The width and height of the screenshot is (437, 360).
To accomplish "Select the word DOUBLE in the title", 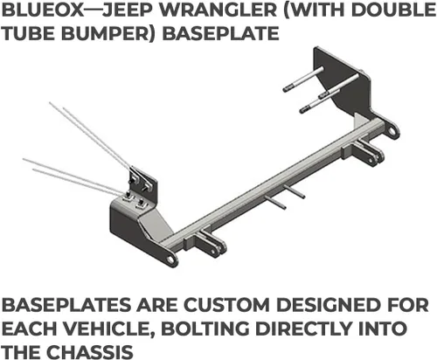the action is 393,10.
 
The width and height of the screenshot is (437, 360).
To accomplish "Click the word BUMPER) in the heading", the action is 109,33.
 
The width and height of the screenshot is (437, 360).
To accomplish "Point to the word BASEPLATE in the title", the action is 220,33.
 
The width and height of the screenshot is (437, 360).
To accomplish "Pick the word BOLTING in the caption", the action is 205,329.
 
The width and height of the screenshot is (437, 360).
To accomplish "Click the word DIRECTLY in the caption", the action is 303,329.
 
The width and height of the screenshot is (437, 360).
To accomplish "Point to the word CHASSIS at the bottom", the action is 90,351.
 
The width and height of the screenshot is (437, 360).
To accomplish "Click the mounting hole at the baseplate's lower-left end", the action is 170,259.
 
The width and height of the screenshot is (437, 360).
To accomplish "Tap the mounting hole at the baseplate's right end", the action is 392,131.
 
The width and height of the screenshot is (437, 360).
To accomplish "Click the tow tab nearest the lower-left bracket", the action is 211,243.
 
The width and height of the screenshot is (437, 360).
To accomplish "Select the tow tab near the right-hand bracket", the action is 368,151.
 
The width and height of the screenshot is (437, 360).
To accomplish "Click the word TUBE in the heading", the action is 29,33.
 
